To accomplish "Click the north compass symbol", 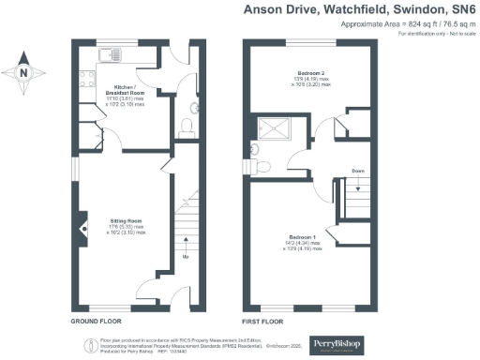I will tap(24, 70).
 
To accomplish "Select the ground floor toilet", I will tap(186, 124).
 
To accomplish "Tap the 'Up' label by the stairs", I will tap(185, 256).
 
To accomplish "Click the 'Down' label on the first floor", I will tap(358, 171).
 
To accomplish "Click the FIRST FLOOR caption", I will tap(262, 321).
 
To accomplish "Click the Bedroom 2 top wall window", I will tap(309, 43).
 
